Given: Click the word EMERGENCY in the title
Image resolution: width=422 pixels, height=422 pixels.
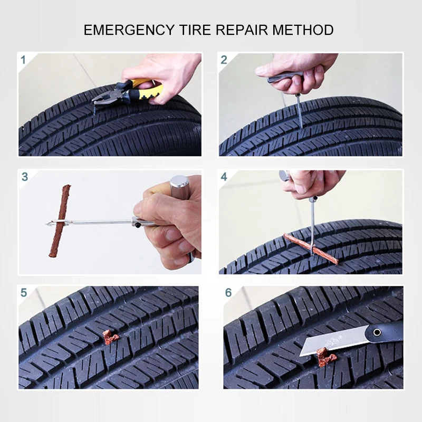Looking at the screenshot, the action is (x=129, y=30).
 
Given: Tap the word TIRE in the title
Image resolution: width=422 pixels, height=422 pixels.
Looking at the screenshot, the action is (x=195, y=30).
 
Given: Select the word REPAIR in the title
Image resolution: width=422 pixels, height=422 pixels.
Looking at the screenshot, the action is (x=242, y=30).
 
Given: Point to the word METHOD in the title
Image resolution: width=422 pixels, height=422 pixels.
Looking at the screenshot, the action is (x=303, y=30).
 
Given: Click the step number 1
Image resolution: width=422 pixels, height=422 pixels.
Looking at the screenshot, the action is (x=23, y=60).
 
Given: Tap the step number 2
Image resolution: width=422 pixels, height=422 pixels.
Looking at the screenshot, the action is (x=224, y=60).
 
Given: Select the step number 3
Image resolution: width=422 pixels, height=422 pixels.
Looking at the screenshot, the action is (x=25, y=177).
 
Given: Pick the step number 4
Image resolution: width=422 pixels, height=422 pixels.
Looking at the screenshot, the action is (x=224, y=177).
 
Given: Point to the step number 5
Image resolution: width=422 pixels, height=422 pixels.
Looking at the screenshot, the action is (x=24, y=293).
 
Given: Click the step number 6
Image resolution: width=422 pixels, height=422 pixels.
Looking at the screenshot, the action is (x=228, y=293).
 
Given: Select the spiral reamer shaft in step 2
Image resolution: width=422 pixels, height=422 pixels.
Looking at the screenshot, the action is (x=300, y=112).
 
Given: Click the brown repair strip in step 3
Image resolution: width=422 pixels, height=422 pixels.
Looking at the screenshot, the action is (x=60, y=220).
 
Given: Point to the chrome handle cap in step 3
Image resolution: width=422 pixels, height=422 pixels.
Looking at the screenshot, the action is (x=179, y=186).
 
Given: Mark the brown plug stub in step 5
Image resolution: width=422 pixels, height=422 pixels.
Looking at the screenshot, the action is (x=110, y=337).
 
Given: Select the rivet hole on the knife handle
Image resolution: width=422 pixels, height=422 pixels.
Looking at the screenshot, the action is (x=377, y=332).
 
